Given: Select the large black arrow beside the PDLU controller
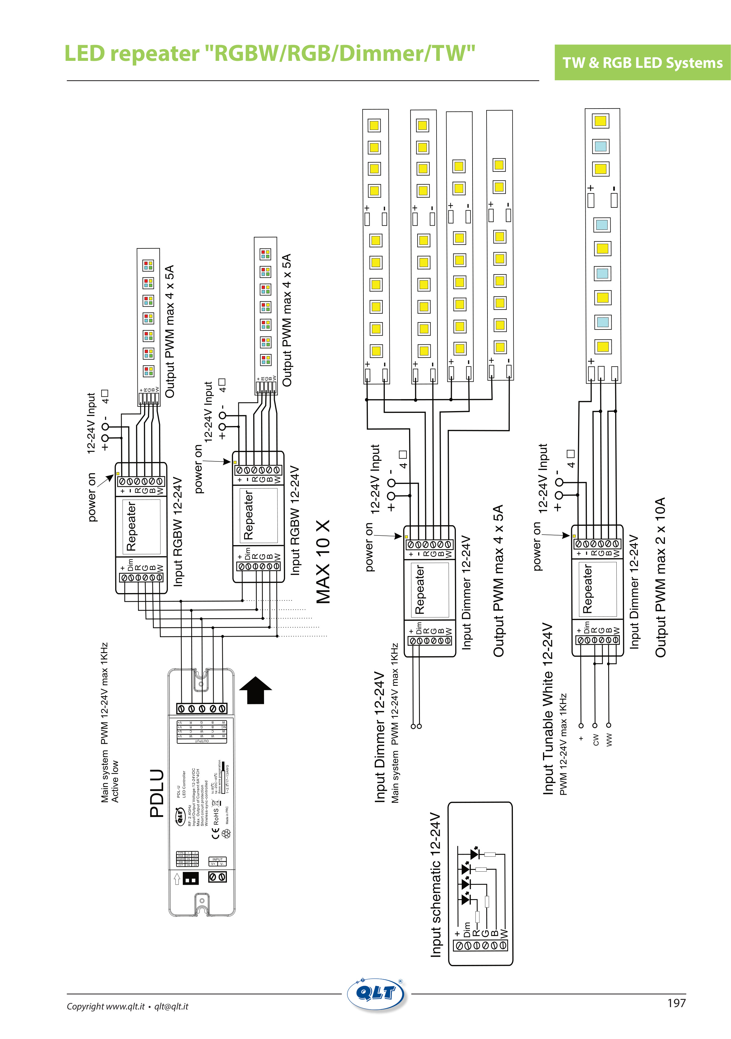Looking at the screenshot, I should click(x=255, y=690).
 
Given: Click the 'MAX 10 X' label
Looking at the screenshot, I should click(x=323, y=561).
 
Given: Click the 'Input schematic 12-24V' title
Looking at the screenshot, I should click(x=435, y=885).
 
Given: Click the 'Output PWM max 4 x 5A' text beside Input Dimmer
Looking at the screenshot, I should click(x=498, y=581).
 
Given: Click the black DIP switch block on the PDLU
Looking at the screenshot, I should click(x=190, y=878).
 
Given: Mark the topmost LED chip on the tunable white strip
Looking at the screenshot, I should click(x=600, y=121).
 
